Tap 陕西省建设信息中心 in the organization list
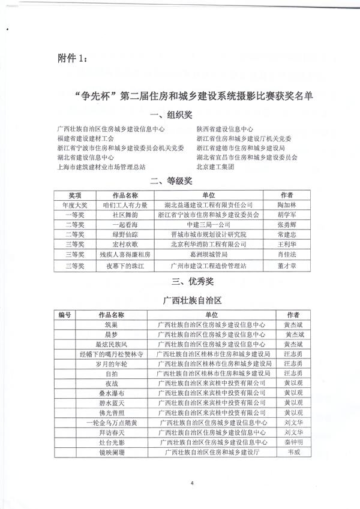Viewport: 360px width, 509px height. click(x=225, y=129)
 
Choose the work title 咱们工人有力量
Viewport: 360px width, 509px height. click(x=126, y=205)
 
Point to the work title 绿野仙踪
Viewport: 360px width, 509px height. click(x=125, y=234)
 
